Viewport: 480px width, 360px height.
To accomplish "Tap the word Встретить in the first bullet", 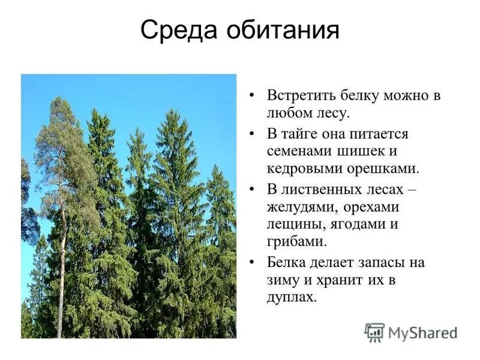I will tap(297, 96).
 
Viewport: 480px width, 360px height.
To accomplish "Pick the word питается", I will tap(383, 134).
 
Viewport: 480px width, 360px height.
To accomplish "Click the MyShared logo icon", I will tap(374, 332).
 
